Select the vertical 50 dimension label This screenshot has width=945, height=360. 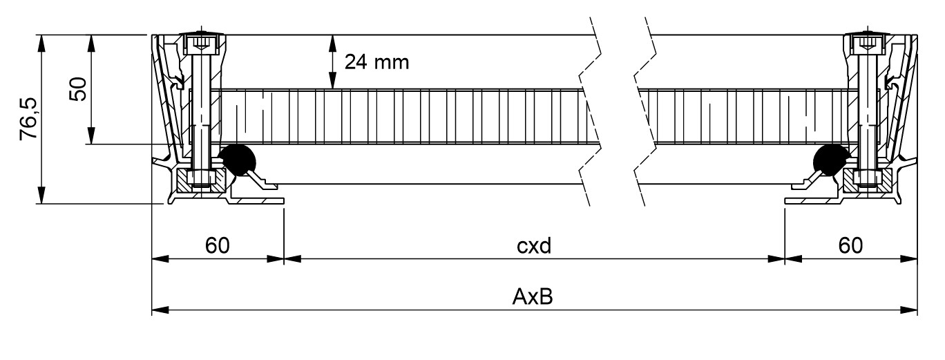pos(77,89)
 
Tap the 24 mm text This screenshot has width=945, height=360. pos(376,63)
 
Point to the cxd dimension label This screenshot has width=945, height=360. pos(534,246)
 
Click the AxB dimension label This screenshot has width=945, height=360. pos(534,298)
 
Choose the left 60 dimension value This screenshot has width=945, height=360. pos(216,246)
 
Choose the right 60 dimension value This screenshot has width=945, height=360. pos(850,246)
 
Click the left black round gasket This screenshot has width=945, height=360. pos(236,160)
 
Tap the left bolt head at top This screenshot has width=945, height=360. pos(201,44)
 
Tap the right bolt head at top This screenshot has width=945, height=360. pos(866,44)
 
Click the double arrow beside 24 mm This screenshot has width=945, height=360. pos(332,62)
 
